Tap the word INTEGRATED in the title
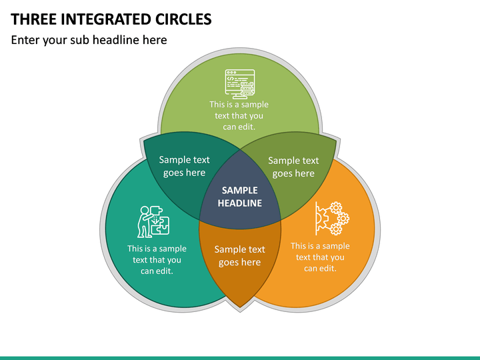pyautogui.click(x=106, y=19)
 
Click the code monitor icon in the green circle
pyautogui.click(x=240, y=84)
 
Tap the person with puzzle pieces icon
pyautogui.click(x=153, y=221)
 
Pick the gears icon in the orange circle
pyautogui.click(x=333, y=218)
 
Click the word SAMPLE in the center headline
pyautogui.click(x=240, y=191)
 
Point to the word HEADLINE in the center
pyautogui.click(x=240, y=203)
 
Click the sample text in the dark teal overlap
pyautogui.click(x=184, y=166)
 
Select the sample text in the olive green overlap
pyautogui.click(x=293, y=167)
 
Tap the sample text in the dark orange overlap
pyautogui.click(x=240, y=255)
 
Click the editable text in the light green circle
pyautogui.click(x=239, y=116)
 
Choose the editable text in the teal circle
pyautogui.click(x=157, y=259)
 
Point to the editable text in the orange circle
pyautogui.click(x=320, y=257)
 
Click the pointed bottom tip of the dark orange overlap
pyautogui.click(x=240, y=307)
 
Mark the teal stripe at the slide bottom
pyautogui.click(x=240, y=358)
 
